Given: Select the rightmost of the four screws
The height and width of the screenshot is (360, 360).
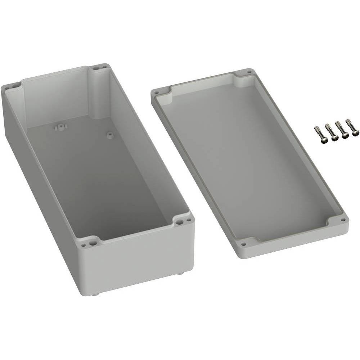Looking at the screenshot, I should [352, 128].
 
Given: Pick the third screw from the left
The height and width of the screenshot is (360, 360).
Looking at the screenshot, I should [342, 130].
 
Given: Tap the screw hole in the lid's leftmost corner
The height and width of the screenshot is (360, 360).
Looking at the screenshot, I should [157, 93].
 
